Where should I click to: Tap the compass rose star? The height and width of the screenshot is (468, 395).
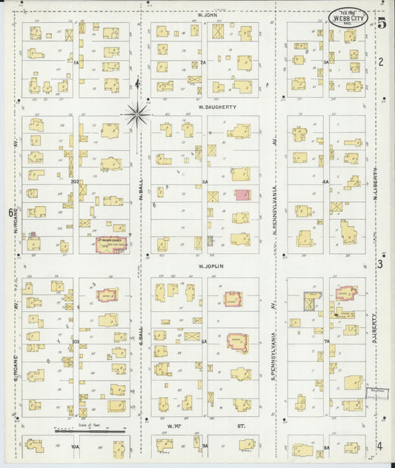click(x=136, y=113)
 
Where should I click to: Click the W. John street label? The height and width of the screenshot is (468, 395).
click(x=206, y=15)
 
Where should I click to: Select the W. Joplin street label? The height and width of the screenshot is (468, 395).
click(x=210, y=265)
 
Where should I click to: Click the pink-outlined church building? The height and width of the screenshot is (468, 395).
click(x=111, y=245)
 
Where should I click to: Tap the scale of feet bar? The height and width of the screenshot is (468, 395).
click(x=89, y=429)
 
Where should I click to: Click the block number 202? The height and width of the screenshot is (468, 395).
click(x=74, y=181)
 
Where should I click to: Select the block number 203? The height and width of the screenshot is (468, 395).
click(x=74, y=341)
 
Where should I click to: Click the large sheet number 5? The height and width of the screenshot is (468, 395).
click(x=381, y=23)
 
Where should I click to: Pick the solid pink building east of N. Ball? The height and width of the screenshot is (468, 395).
click(x=242, y=195)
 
